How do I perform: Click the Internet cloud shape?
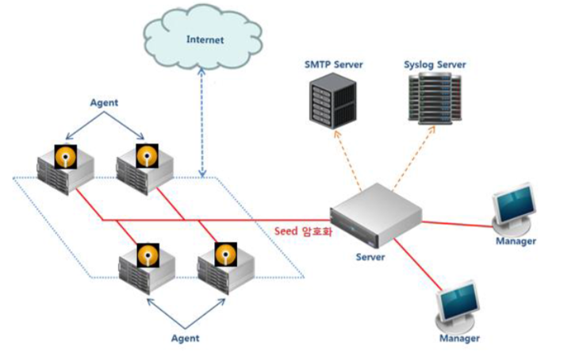pyautogui.click(x=205, y=38)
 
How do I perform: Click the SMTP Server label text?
pyautogui.click(x=333, y=63)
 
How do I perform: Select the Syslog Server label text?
pyautogui.click(x=434, y=63)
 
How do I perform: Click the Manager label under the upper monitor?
pyautogui.click(x=516, y=240)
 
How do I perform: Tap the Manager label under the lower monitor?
pyautogui.click(x=460, y=339)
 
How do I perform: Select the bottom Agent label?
pyautogui.click(x=185, y=338)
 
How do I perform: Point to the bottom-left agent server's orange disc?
pyautogui.click(x=148, y=255)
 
